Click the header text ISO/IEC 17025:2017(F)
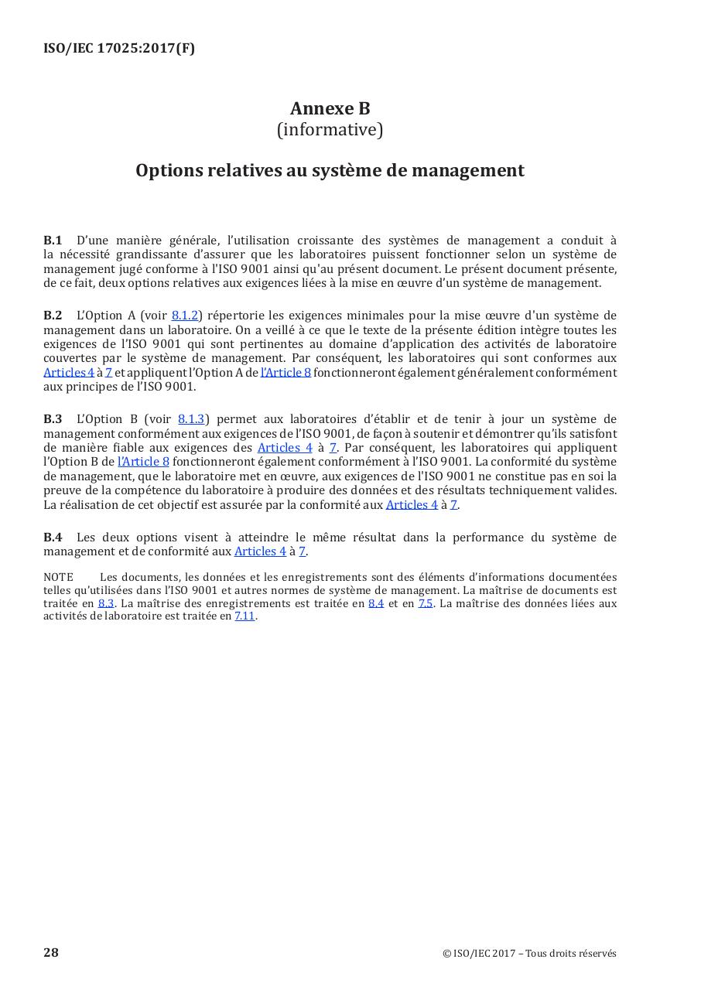(119, 48)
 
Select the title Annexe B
(330, 108)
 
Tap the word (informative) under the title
(330, 130)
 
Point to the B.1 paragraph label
(53, 241)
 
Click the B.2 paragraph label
(53, 315)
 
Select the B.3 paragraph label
(53, 419)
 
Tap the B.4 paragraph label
(53, 538)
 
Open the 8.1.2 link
(184, 316)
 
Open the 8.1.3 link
(191, 419)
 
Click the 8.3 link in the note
(106, 603)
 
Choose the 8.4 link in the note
(376, 603)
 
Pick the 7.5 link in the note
(426, 603)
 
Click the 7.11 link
(244, 616)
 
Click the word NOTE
(58, 577)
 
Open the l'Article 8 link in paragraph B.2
(286, 373)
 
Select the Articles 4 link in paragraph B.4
(260, 551)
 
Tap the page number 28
(51, 952)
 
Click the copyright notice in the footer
(529, 954)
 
